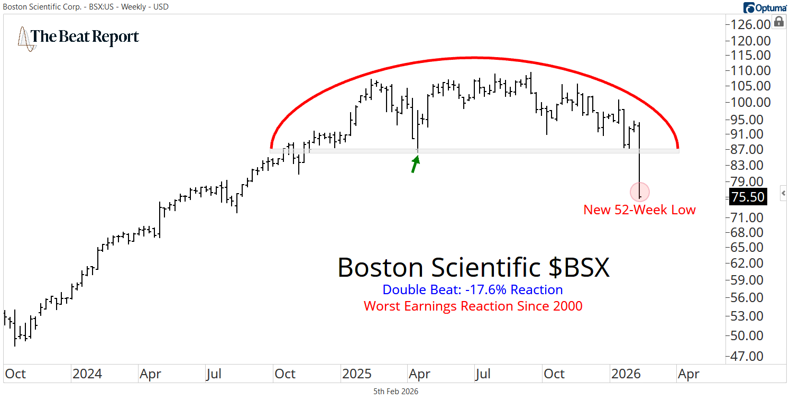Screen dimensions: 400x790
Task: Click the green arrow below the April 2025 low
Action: coord(416,165)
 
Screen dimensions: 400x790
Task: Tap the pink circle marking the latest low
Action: coord(639,192)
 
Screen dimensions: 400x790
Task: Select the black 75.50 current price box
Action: coord(747,197)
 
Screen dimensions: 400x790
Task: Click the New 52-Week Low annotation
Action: coord(639,210)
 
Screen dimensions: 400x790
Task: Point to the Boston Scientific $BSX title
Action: coord(473,268)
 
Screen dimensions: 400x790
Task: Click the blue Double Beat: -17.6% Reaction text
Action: coord(472,290)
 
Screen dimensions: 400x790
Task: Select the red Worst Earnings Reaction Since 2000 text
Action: coord(473,306)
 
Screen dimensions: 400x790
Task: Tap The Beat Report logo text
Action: coord(85,37)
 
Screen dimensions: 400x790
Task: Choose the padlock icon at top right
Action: coord(779,22)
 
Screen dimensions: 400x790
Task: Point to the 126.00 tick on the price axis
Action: coord(751,24)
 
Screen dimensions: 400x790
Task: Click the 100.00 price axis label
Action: coord(751,102)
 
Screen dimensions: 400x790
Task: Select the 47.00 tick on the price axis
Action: coord(751,356)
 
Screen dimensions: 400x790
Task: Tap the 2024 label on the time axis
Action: coord(87,374)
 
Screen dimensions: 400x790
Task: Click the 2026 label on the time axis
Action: coord(626,374)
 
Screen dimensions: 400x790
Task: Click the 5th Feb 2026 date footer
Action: coord(395,392)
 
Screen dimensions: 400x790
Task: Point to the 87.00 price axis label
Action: coord(751,150)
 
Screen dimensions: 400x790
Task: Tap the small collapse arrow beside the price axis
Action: coord(784,193)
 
